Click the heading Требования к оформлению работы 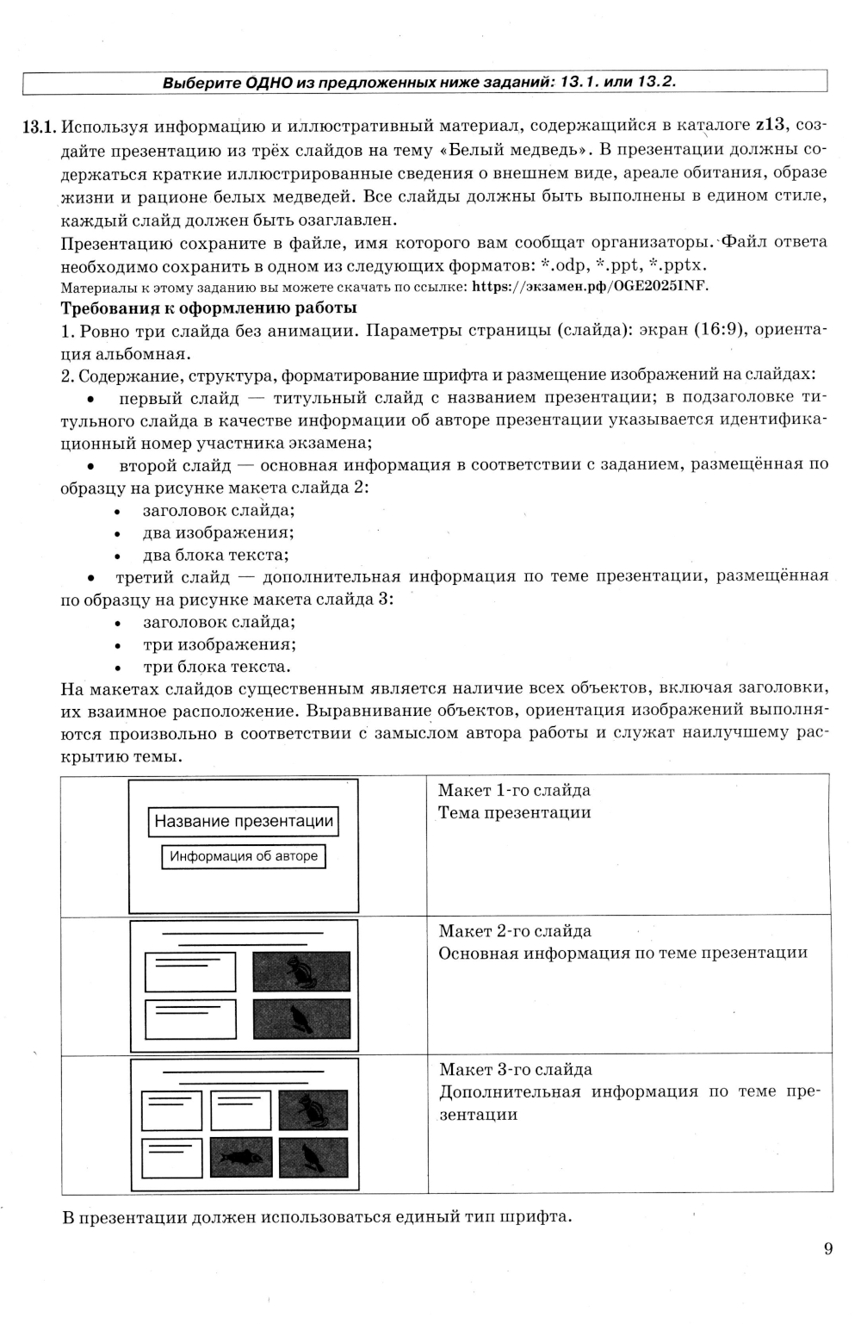click(x=208, y=308)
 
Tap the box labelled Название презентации click(x=244, y=821)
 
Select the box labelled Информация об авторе click(x=244, y=856)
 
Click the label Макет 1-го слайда click(x=514, y=790)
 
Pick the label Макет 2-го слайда click(x=515, y=930)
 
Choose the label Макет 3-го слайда click(x=515, y=1069)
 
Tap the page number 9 click(x=827, y=1248)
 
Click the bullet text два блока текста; click(x=215, y=555)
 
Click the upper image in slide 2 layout click(x=301, y=971)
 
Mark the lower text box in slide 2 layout click(x=189, y=1018)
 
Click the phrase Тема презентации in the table click(x=514, y=812)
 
